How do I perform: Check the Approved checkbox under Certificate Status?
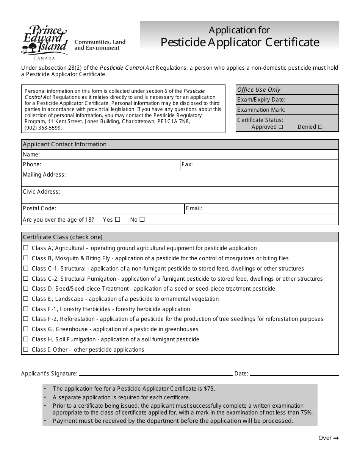click(281, 127)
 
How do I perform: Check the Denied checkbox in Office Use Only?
click(320, 127)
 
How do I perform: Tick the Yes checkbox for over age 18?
click(117, 219)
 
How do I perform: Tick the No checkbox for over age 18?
click(142, 219)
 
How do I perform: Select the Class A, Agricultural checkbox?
click(26, 248)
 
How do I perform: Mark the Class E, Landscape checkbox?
click(26, 299)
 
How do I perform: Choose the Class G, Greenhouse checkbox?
click(26, 329)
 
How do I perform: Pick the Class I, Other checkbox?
click(26, 350)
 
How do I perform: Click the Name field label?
click(31, 155)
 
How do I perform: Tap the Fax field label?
click(187, 165)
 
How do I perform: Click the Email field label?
click(194, 208)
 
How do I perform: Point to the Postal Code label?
click(39, 208)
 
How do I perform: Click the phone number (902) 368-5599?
click(43, 128)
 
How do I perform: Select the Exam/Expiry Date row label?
click(261, 100)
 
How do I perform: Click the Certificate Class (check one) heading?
click(63, 237)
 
